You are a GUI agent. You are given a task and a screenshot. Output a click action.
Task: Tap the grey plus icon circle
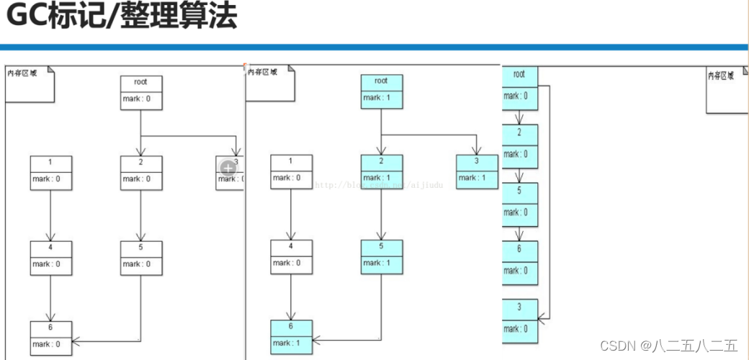[x=228, y=168]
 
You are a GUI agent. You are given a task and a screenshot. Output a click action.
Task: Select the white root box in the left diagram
[x=140, y=91]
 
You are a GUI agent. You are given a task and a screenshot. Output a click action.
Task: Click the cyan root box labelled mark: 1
[x=381, y=91]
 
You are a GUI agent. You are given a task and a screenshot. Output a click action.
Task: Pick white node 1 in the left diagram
[x=51, y=172]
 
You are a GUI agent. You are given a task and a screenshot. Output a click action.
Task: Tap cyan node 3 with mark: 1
[x=477, y=172]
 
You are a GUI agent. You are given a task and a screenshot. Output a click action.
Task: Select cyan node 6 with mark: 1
[x=291, y=336]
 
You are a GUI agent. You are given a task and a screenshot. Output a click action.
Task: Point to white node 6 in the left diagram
[x=51, y=337]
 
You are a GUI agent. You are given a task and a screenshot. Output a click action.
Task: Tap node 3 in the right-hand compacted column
[x=519, y=318]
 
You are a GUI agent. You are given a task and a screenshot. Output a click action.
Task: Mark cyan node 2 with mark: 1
[x=381, y=172]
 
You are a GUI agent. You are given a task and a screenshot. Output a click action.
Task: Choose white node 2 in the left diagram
[x=141, y=172]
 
